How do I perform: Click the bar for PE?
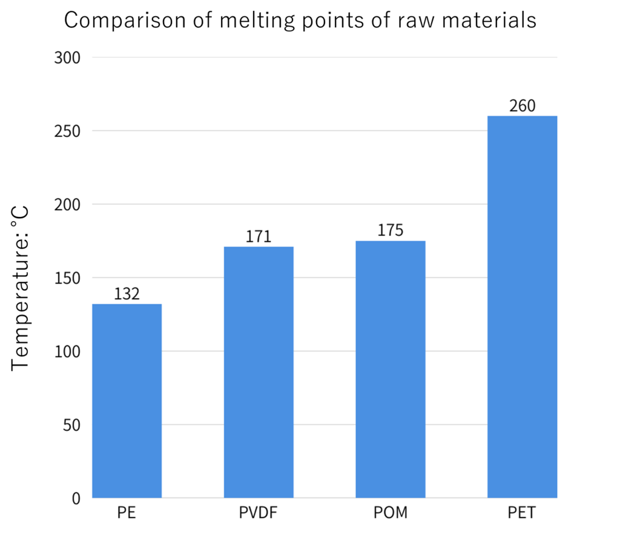tap(127, 401)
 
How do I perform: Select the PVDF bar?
tap(259, 372)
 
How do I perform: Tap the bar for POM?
tap(391, 369)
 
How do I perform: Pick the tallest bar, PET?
tap(522, 307)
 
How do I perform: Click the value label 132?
tap(127, 294)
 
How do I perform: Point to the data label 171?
tap(259, 236)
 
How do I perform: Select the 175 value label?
tap(391, 230)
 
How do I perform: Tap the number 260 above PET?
tap(522, 105)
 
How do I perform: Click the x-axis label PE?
tap(127, 514)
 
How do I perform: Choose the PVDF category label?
tap(259, 514)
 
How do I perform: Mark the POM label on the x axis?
tap(391, 514)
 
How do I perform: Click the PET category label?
tap(522, 514)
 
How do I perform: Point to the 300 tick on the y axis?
tap(68, 58)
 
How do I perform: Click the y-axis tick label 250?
tap(68, 131)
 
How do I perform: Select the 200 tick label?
tap(68, 204)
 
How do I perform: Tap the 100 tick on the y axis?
tap(68, 351)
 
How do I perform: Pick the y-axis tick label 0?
tap(76, 498)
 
